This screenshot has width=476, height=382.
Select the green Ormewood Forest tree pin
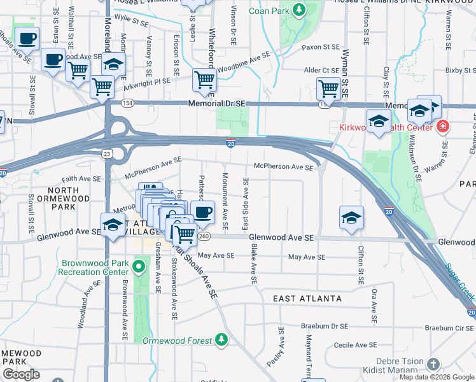[x=221, y=340]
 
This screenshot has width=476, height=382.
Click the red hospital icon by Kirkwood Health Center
[x=442, y=127]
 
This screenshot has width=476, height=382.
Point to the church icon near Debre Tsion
[x=433, y=364]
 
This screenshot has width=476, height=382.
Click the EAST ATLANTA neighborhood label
[x=304, y=299]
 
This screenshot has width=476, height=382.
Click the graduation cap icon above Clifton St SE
[x=351, y=217]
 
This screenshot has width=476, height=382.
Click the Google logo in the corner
[x=21, y=374]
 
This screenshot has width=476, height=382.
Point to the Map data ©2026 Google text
[x=437, y=377]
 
